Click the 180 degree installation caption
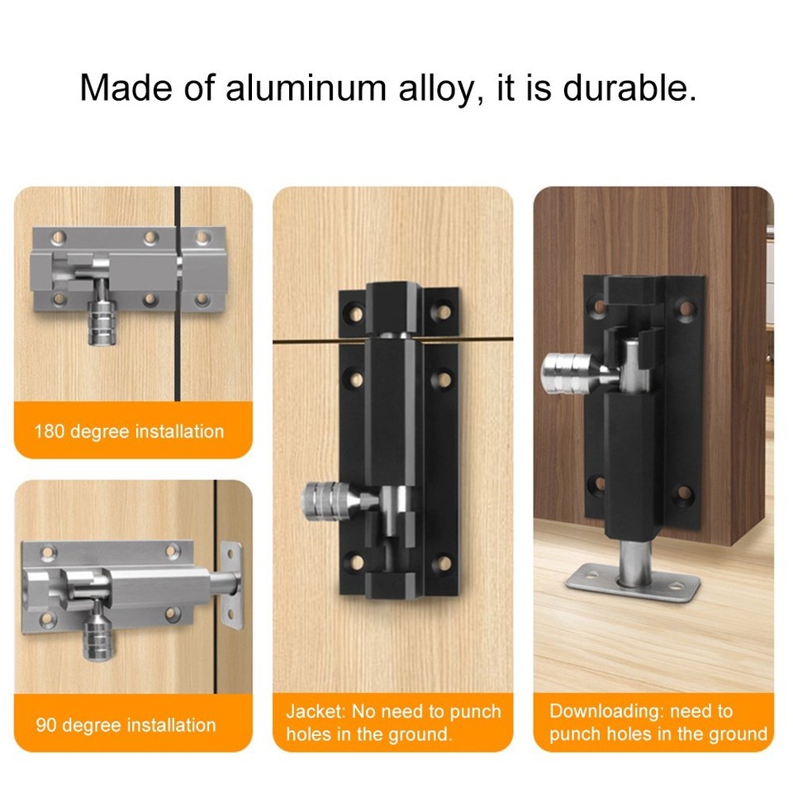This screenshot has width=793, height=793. [129, 431]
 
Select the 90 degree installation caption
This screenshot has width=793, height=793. [126, 726]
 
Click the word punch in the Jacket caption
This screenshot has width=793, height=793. [475, 711]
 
